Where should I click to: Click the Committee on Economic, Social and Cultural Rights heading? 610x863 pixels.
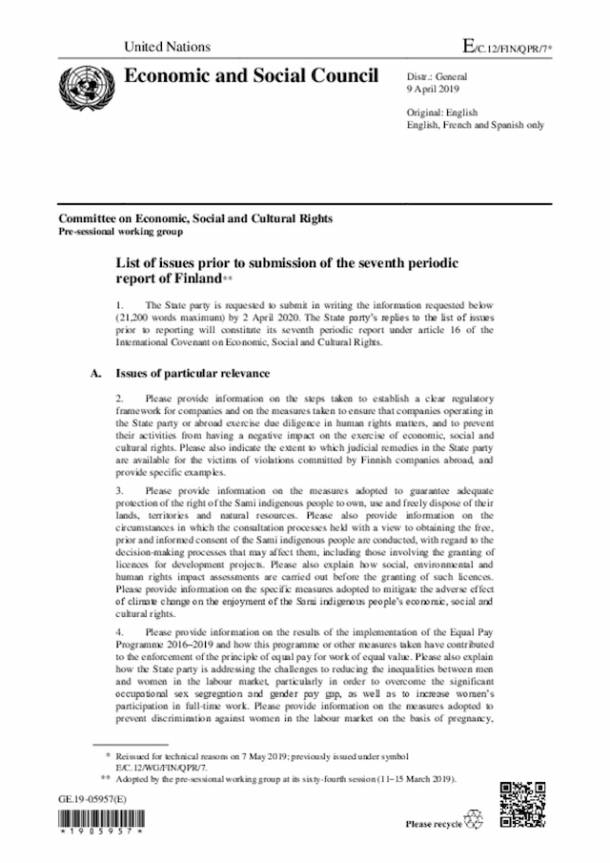tap(194, 218)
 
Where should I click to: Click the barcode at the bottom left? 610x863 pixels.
tap(98, 821)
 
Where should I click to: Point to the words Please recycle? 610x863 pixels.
tap(433, 824)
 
